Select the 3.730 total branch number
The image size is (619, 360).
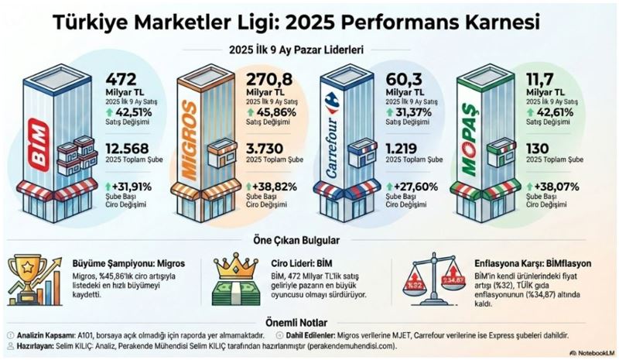coord(268,149)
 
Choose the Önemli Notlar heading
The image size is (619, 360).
coord(309,321)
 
